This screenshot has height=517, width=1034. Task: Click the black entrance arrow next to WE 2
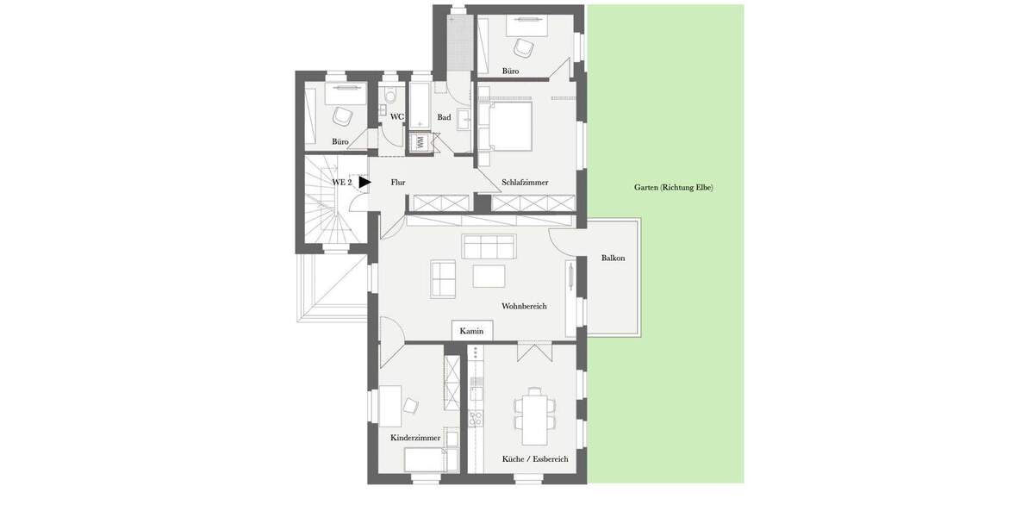(364, 182)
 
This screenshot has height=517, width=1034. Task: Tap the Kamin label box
(471, 331)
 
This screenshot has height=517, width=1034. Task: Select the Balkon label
(613, 258)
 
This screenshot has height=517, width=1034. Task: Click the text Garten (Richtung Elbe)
(673, 187)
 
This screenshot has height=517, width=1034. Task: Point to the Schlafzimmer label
(525, 182)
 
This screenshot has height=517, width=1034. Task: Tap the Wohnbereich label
(524, 306)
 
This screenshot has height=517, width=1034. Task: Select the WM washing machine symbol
(420, 142)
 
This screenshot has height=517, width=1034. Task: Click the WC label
(396, 116)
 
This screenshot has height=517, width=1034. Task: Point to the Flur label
(397, 182)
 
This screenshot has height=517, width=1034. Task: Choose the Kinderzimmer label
(415, 438)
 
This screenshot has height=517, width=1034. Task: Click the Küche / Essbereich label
(535, 459)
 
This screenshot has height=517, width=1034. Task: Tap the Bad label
(444, 117)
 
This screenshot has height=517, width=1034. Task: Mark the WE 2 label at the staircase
(342, 182)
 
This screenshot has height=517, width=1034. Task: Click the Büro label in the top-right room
(510, 71)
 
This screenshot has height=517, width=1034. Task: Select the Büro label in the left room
(340, 141)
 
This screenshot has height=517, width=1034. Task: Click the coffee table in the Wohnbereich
(489, 276)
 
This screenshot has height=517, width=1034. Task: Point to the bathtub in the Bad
(420, 107)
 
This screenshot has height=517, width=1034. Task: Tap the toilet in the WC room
(390, 96)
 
